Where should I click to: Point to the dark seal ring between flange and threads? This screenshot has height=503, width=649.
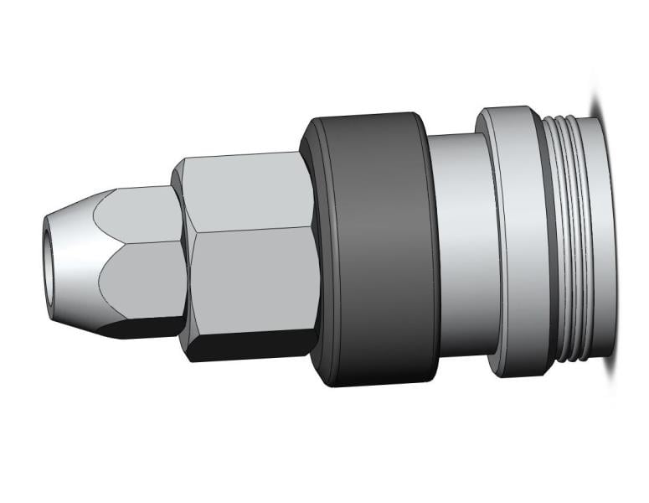548,243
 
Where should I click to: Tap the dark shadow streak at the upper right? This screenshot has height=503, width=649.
597,101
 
